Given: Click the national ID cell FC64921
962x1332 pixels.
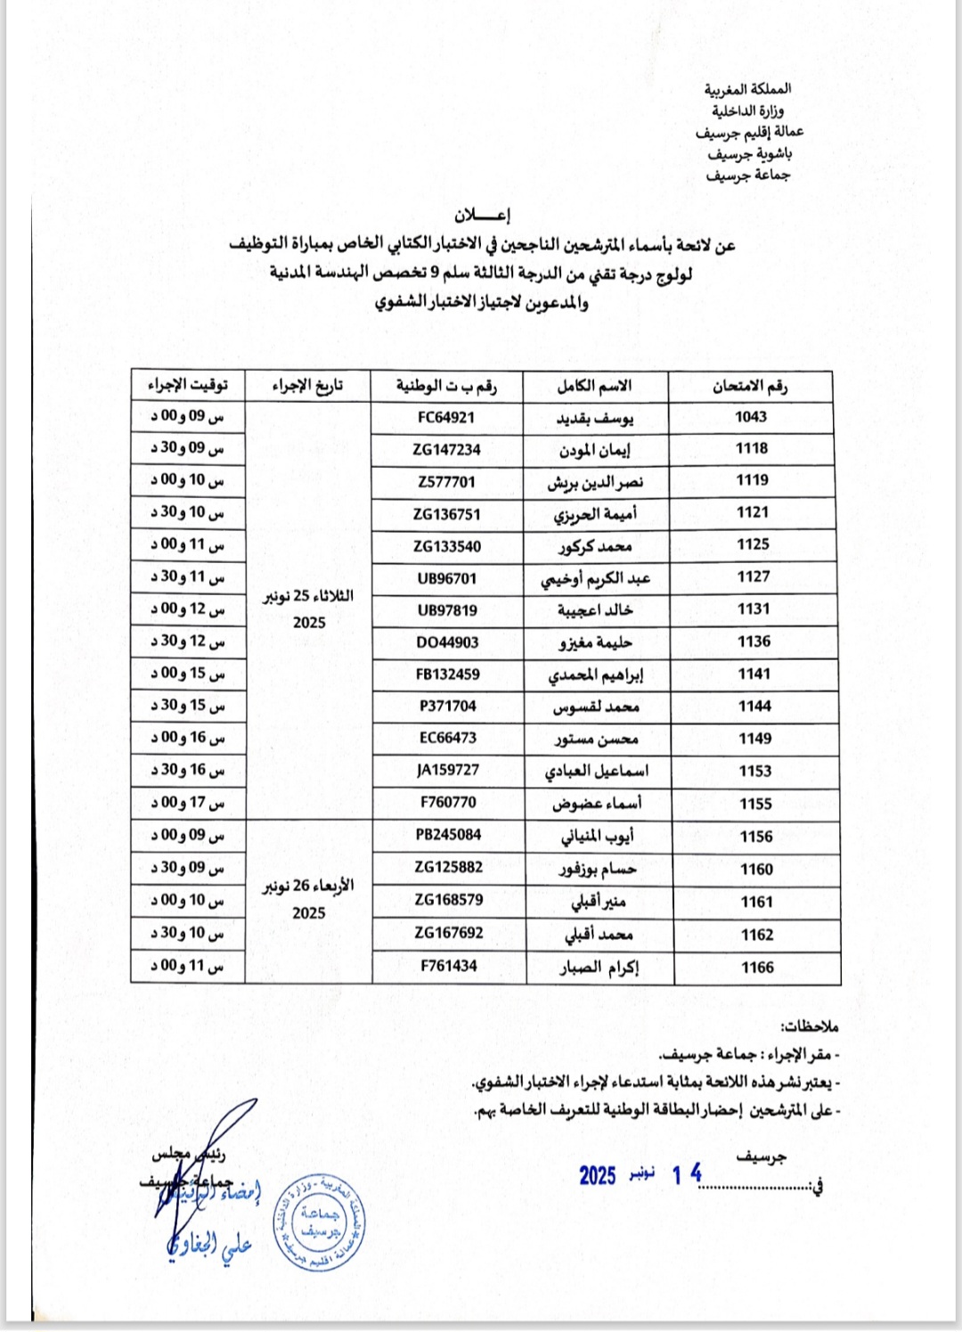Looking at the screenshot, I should pyautogui.click(x=446, y=417).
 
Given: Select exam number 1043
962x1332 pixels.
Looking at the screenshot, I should pyautogui.click(x=751, y=416).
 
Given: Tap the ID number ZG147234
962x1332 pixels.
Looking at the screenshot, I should pyautogui.click(x=446, y=450).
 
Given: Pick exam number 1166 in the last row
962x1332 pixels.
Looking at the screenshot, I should pyautogui.click(x=757, y=968).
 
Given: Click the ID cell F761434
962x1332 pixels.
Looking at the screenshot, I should pyautogui.click(x=449, y=966).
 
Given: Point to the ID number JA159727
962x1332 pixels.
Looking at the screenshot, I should pyautogui.click(x=448, y=770).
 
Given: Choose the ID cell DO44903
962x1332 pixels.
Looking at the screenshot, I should pyautogui.click(x=447, y=642).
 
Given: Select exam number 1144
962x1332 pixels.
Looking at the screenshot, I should pyautogui.click(x=754, y=707).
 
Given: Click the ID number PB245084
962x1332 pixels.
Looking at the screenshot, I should pyautogui.click(x=448, y=835).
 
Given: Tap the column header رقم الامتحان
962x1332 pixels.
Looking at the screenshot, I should pyautogui.click(x=750, y=387).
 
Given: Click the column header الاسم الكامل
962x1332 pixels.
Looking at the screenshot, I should pyautogui.click(x=594, y=387).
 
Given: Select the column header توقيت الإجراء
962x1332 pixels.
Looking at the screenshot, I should pyautogui.click(x=188, y=385).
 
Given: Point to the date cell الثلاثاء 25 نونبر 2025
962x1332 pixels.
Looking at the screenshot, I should pyautogui.click(x=308, y=609).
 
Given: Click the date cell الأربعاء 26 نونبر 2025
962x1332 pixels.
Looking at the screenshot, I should pyautogui.click(x=308, y=899).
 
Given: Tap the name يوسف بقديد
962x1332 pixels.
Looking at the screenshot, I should pyautogui.click(x=595, y=418).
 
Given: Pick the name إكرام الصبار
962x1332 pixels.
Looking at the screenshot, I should pyautogui.click(x=599, y=968).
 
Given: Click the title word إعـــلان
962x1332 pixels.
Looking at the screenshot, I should pyautogui.click(x=482, y=215).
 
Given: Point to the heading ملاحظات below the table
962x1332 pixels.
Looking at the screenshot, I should pyautogui.click(x=809, y=1026).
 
